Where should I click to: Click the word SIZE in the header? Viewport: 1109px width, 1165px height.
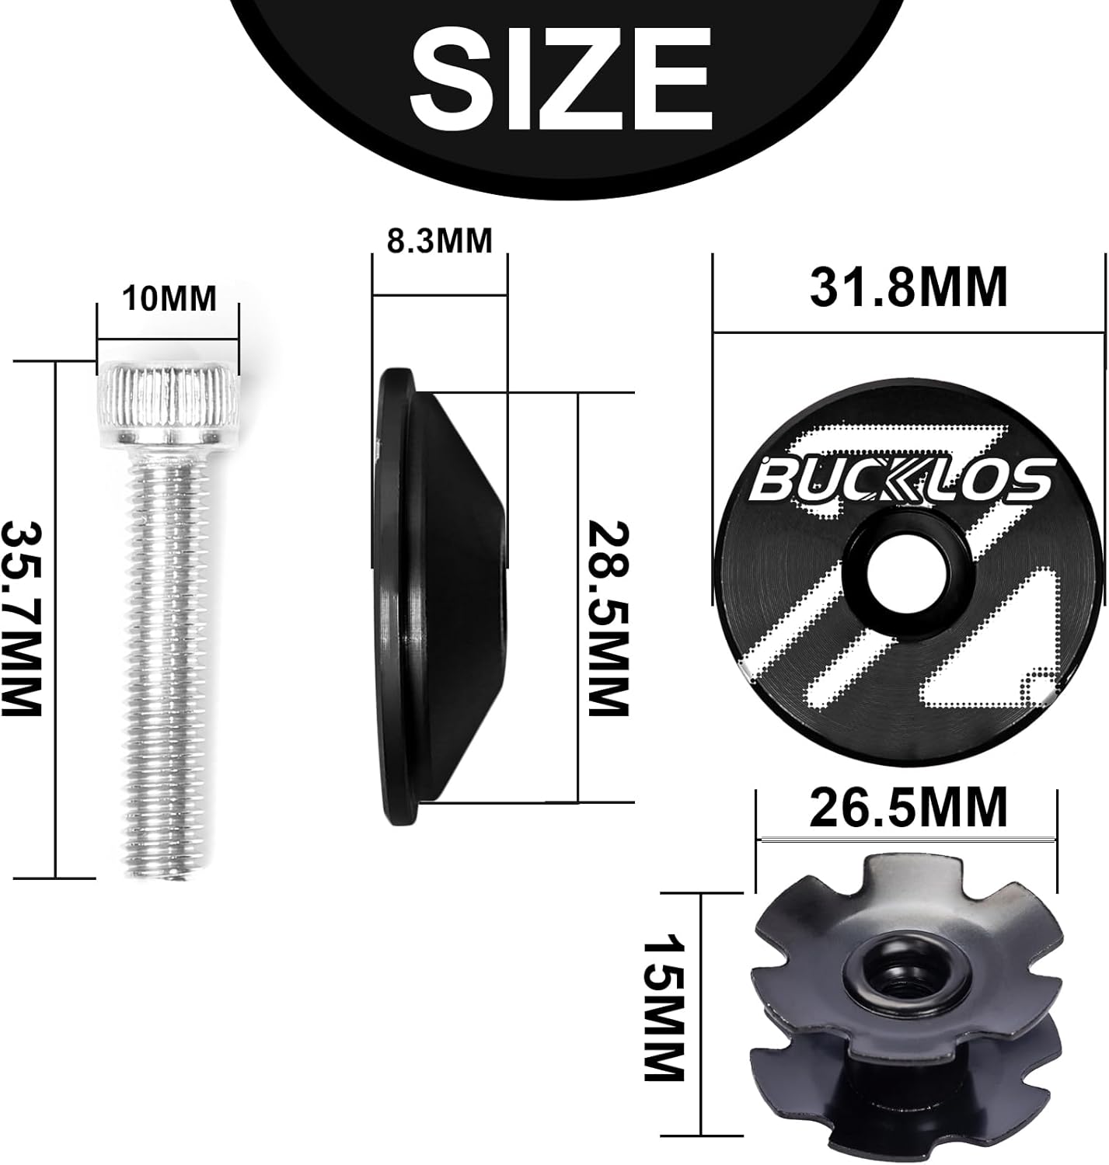pos(560,81)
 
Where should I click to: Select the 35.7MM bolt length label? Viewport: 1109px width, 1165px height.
pos(21,619)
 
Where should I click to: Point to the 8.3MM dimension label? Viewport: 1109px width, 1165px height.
pos(440,241)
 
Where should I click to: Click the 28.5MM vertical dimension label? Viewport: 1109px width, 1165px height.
pos(607,619)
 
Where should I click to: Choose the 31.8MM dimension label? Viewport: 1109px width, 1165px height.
pos(908,287)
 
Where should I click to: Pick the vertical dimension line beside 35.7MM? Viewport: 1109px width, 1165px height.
pos(56,619)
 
